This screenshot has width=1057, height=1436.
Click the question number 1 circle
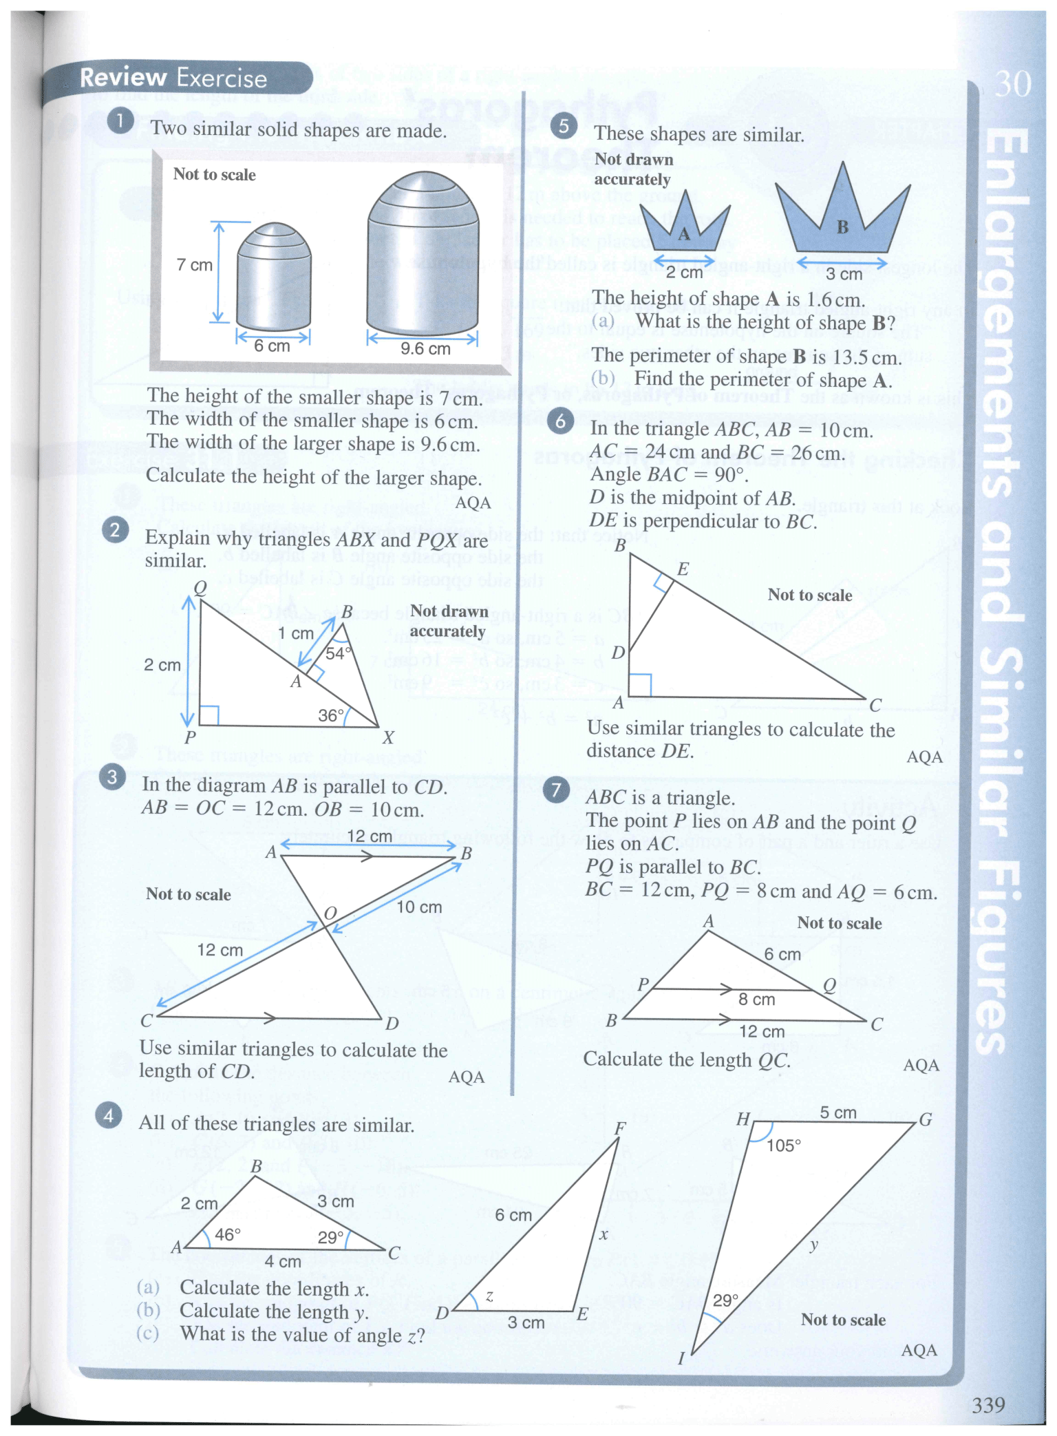pyautogui.click(x=120, y=121)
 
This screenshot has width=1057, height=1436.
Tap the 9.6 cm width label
pyautogui.click(x=425, y=349)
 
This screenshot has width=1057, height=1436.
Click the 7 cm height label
pyautogui.click(x=194, y=265)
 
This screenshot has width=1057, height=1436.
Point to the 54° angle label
pyautogui.click(x=338, y=653)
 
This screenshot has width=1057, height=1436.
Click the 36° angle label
pyautogui.click(x=330, y=715)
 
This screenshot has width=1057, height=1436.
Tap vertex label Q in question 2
pyautogui.click(x=200, y=587)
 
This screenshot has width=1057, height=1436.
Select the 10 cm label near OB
pyautogui.click(x=419, y=907)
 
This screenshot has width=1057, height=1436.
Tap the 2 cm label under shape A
pyautogui.click(x=684, y=273)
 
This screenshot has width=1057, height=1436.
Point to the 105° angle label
pyautogui.click(x=783, y=1145)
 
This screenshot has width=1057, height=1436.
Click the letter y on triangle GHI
pyautogui.click(x=814, y=1244)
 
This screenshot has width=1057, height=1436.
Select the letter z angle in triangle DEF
pyautogui.click(x=489, y=1296)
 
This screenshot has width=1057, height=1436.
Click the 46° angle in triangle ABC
pyautogui.click(x=228, y=1234)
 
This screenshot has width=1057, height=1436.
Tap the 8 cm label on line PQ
pyautogui.click(x=756, y=1000)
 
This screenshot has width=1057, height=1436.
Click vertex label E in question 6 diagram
pyautogui.click(x=683, y=569)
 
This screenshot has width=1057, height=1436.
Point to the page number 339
pyautogui.click(x=988, y=1404)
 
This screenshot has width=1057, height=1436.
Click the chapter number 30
pyautogui.click(x=1013, y=84)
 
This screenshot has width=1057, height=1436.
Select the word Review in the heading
pyautogui.click(x=123, y=78)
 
